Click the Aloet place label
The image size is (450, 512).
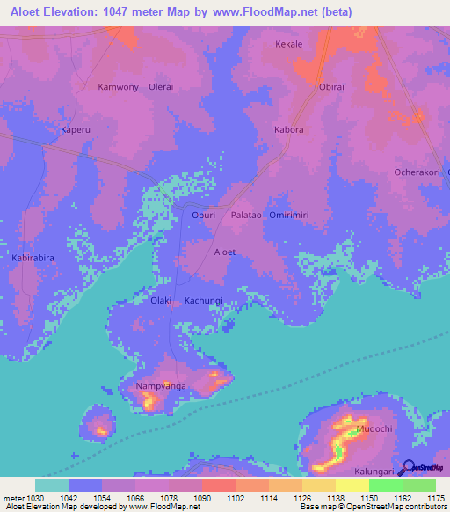225,252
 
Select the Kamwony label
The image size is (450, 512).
118,87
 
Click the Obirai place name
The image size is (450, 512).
331,87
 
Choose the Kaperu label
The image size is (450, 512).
76,129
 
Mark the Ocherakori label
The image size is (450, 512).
417,172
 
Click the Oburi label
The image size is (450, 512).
203,215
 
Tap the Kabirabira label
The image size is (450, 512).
34,258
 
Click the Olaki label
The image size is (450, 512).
161,301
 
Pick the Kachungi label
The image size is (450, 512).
204,301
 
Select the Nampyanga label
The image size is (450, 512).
159,386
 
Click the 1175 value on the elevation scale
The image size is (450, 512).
435,498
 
